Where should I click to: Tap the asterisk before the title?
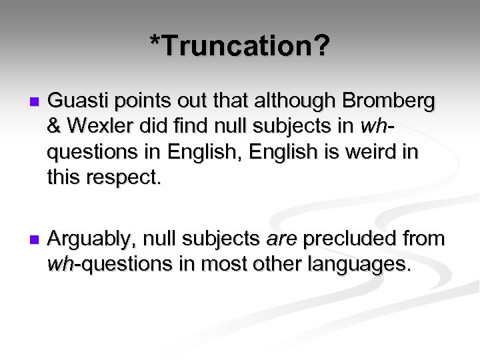click(x=155, y=43)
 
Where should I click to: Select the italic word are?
click(x=285, y=239)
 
